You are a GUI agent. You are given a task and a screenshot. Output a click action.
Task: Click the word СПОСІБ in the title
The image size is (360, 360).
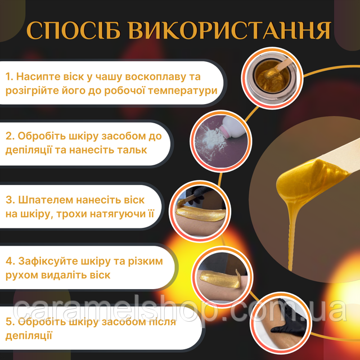(74, 30)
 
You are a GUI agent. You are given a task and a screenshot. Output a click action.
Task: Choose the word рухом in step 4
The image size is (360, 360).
(21, 275)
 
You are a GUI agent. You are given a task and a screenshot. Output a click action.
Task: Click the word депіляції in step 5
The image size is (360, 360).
(29, 336)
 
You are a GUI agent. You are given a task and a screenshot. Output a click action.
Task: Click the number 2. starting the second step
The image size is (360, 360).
(10, 136)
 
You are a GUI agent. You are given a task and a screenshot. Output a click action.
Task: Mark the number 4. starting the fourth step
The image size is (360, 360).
(11, 261)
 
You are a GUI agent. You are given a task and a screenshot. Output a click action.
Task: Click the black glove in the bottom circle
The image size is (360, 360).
(290, 321)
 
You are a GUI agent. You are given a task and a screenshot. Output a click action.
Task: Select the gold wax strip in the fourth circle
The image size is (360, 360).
(220, 278)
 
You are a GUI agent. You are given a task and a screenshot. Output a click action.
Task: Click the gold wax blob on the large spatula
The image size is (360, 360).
(310, 178)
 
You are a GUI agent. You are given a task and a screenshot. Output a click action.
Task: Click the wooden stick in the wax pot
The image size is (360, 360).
(282, 66)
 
